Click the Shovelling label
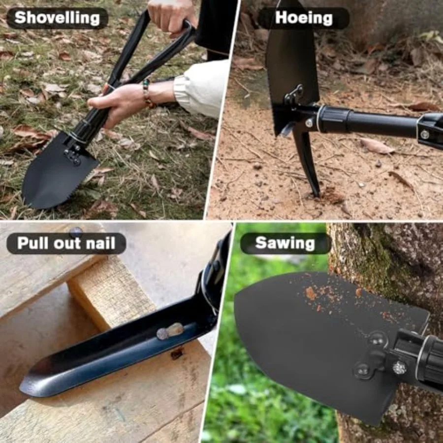tap(57, 18)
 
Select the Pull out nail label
tap(66, 243)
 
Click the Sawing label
tap(285, 243)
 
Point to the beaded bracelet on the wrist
tap(147, 93)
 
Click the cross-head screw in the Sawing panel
tap(399, 367)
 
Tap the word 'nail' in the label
tap(101, 243)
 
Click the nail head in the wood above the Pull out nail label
tap(76, 231)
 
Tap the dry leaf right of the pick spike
tap(377, 146)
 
